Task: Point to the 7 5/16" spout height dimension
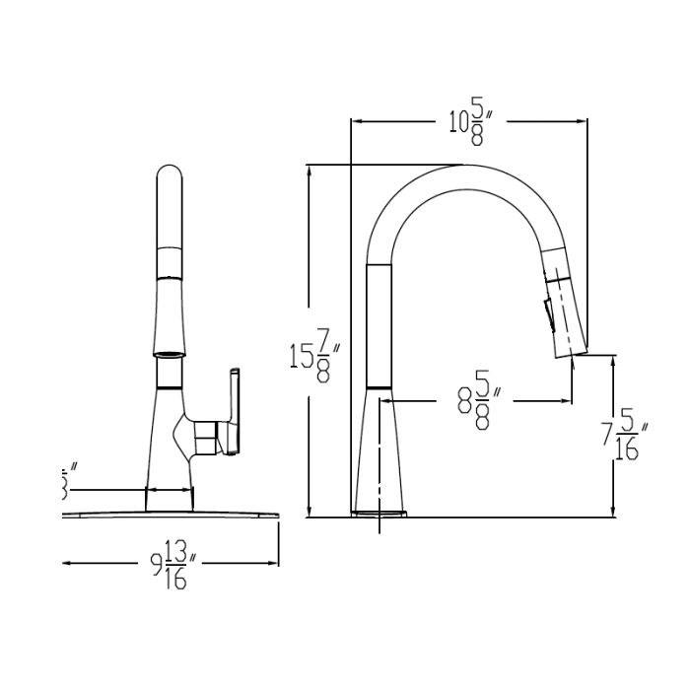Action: [623, 434]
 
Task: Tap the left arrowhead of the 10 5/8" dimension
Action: [356, 122]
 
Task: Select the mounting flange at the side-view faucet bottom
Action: [380, 513]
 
